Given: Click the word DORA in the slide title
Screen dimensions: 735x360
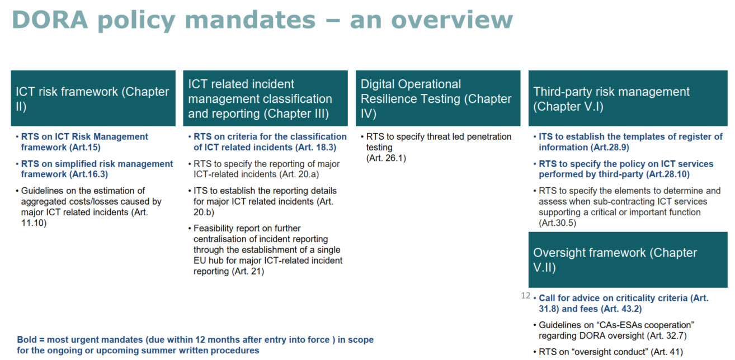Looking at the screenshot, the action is pyautogui.click(x=50, y=20).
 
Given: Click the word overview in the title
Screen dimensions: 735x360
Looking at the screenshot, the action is pyautogui.click(x=452, y=20).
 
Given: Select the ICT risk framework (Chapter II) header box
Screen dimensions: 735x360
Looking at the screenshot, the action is pyautogui.click(x=93, y=98).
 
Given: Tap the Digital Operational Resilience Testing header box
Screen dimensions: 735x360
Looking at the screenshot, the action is pyautogui.click(x=438, y=98).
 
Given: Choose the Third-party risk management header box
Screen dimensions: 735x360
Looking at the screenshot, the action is pyautogui.click(x=628, y=98).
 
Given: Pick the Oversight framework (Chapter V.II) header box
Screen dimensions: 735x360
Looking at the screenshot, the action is pyautogui.click(x=628, y=260).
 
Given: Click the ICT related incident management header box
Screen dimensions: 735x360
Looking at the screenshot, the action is pyautogui.click(x=266, y=98).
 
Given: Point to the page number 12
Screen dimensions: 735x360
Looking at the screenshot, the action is pyautogui.click(x=526, y=295).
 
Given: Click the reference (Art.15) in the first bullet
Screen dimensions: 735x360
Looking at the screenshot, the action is pyautogui.click(x=84, y=148).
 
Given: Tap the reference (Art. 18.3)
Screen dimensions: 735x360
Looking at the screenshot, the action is pyautogui.click(x=315, y=148).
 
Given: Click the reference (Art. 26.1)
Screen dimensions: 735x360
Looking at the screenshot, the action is pyautogui.click(x=386, y=158).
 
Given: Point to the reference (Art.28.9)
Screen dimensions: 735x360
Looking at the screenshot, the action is pyautogui.click(x=610, y=148).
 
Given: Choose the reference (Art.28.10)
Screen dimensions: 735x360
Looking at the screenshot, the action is pyautogui.click(x=668, y=174).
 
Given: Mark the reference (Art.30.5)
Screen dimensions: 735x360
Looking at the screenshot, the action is pyautogui.click(x=558, y=223).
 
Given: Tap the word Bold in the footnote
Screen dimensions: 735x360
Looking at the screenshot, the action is pyautogui.click(x=27, y=340).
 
